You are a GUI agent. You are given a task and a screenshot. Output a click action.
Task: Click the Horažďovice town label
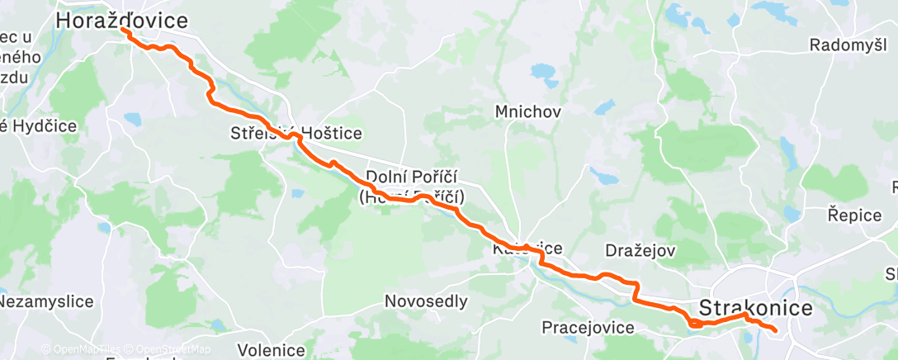(121, 21)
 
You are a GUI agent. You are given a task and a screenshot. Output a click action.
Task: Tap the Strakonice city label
(755, 308)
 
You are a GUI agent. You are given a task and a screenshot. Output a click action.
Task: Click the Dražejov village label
(640, 249)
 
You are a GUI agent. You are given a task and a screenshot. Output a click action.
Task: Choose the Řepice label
(855, 214)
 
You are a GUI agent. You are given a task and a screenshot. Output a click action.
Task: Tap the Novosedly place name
(426, 302)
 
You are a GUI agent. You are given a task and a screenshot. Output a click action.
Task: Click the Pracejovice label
(588, 328)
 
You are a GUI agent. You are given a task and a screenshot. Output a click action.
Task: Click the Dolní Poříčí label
(411, 178)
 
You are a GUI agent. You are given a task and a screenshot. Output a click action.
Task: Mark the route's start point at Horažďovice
(124, 31)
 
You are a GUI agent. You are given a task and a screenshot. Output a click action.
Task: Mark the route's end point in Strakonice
(775, 331)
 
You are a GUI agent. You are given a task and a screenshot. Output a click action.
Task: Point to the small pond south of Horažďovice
(132, 119)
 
